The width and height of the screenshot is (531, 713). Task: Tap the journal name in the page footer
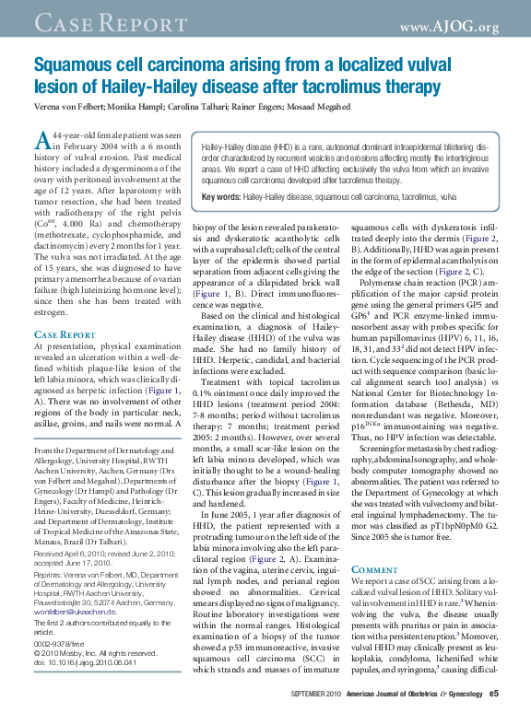click(x=414, y=693)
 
